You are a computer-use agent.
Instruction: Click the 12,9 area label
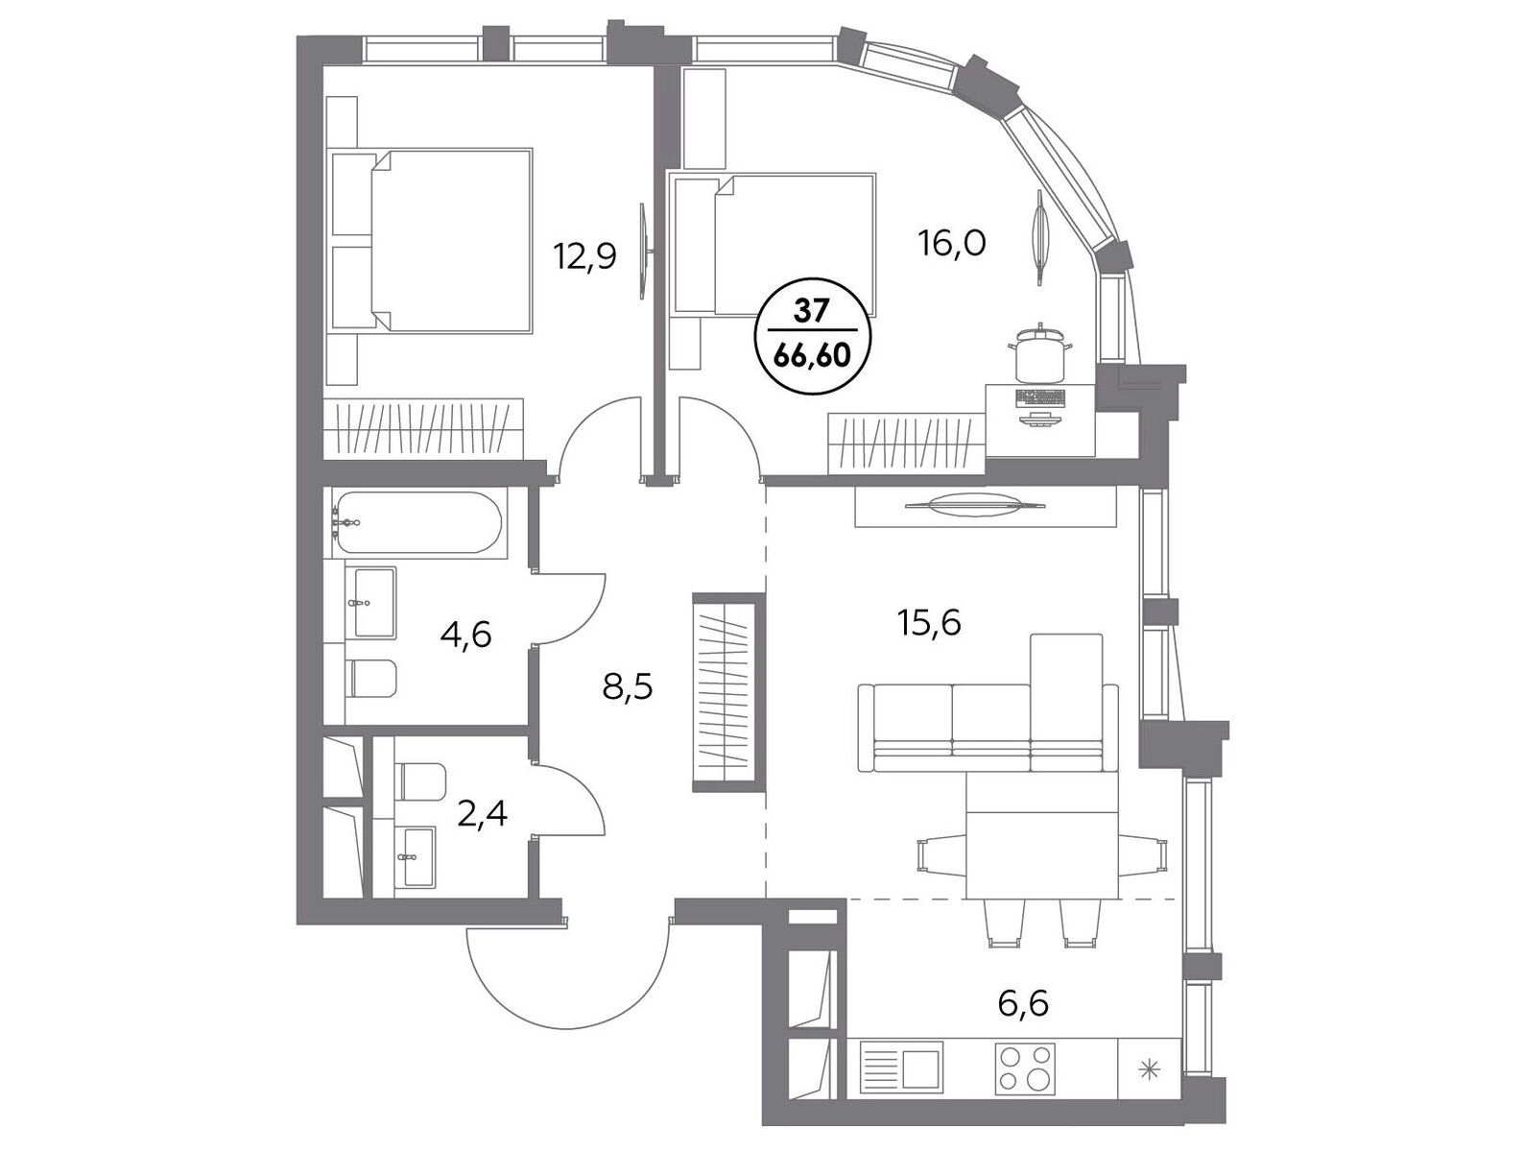[584, 256]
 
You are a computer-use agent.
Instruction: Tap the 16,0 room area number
[952, 242]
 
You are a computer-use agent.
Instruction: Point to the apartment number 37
[810, 313]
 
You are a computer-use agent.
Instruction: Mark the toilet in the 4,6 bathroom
[372, 677]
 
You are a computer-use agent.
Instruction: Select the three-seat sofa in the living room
[988, 728]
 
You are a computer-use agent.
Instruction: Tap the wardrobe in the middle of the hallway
[728, 691]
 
